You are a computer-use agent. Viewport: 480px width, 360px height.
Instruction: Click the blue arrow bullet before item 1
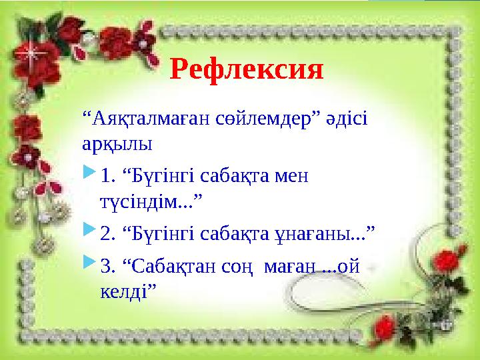[89, 175]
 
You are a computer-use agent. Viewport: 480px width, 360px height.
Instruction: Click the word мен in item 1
[291, 176]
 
